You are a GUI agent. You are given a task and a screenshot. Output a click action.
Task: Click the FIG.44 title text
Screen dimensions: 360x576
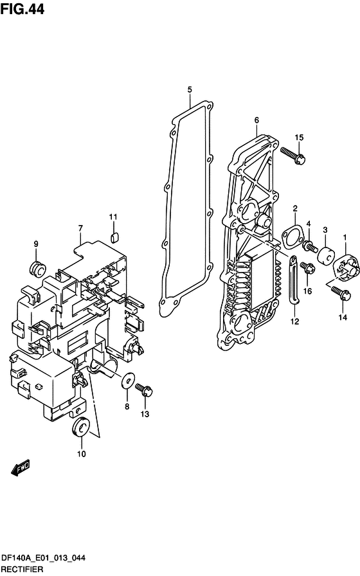pos(22,9)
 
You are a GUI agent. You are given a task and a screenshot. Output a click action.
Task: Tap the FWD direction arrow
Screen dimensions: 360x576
pos(20,468)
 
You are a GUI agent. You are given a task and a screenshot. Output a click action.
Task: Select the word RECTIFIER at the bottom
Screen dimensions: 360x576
pos(22,569)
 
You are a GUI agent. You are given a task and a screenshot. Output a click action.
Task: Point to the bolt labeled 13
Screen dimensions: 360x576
pos(144,390)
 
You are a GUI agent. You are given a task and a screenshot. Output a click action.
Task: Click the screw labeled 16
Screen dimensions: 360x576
pos(307,267)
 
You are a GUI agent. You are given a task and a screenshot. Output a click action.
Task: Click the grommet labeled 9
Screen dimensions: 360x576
pos(37,268)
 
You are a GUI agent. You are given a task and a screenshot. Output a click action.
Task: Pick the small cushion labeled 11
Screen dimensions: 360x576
pos(114,237)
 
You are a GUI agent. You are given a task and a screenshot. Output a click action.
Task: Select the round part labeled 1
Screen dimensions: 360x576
pos(345,268)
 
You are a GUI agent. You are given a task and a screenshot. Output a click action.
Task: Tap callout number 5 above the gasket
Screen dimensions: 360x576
pos(190,89)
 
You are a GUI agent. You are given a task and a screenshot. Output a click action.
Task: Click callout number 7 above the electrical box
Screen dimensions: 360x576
pos(80,228)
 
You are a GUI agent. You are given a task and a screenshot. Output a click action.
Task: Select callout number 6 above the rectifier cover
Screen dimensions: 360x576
pos(256,120)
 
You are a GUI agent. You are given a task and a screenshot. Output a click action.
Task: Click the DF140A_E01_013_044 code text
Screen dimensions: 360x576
pos(43,558)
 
